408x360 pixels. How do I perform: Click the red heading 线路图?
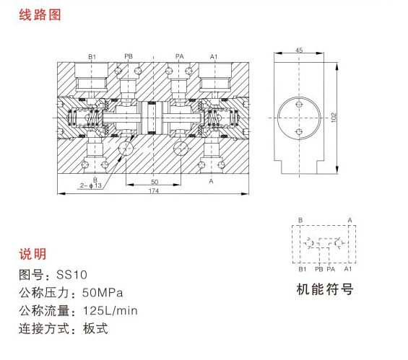pyautogui.click(x=40, y=14)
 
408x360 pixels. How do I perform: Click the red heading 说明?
pyautogui.click(x=32, y=254)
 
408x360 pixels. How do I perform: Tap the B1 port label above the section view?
pyautogui.click(x=92, y=56)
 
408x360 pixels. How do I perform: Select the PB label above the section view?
pyautogui.click(x=129, y=56)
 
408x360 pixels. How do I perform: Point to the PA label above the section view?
pyautogui.click(x=180, y=56)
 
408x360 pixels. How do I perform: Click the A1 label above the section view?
pyautogui.click(x=214, y=56)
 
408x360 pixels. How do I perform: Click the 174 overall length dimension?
pyautogui.click(x=154, y=190)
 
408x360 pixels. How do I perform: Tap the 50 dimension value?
pyautogui.click(x=155, y=182)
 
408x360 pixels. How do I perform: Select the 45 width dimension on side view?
pyautogui.click(x=299, y=50)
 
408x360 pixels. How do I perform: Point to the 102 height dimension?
pyautogui.click(x=334, y=118)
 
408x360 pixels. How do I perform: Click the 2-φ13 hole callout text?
pyautogui.click(x=90, y=185)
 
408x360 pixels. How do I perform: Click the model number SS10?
pyautogui.click(x=71, y=275)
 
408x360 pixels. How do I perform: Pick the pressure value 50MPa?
pyautogui.click(x=103, y=293)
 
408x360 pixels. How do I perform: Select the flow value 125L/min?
pyautogui.click(x=110, y=311)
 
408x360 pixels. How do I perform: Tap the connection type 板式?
pyautogui.click(x=95, y=328)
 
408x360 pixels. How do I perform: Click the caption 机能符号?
pyautogui.click(x=325, y=289)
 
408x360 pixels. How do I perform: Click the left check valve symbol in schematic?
pyautogui.click(x=309, y=243)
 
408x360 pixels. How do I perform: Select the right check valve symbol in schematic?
pyautogui.click(x=339, y=243)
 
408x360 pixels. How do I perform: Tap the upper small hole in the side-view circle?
pyautogui.click(x=299, y=105)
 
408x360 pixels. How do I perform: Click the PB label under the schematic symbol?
pyautogui.click(x=318, y=269)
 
